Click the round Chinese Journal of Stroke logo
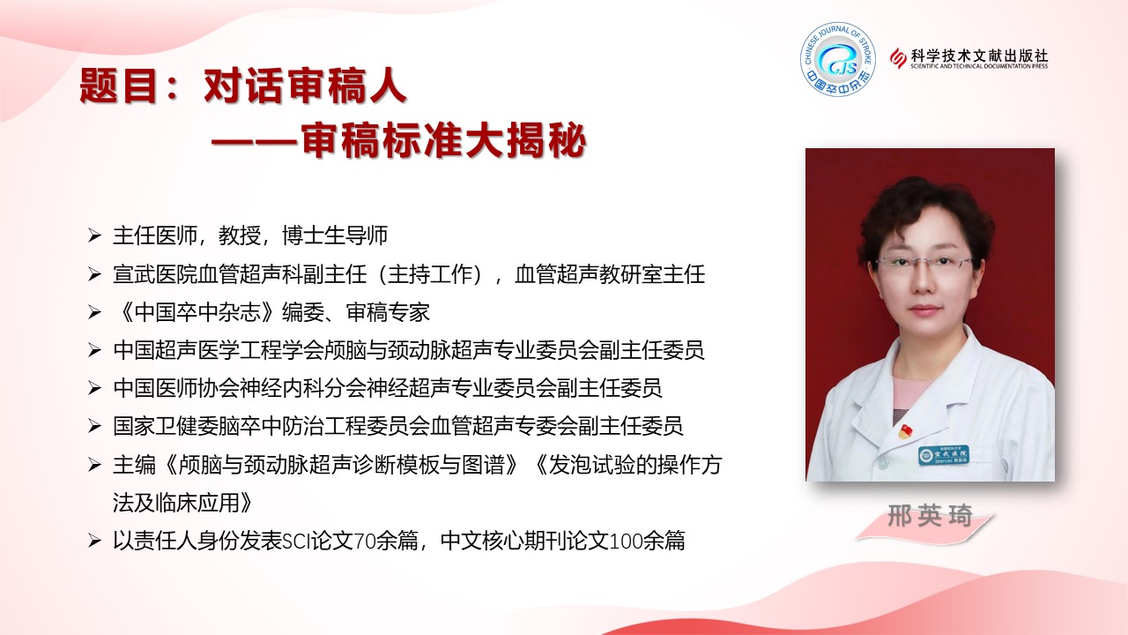coord(838,59)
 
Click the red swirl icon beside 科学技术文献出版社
coord(898,58)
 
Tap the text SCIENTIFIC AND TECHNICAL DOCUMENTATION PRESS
coord(979,66)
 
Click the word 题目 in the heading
coord(118,86)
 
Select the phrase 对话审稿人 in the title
coord(305,86)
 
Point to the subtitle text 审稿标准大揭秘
coord(443,139)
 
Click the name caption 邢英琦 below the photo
coord(930,516)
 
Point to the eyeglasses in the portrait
coord(924,262)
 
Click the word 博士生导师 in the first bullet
coord(335,235)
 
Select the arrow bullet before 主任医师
coord(94,235)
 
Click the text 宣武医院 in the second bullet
coord(155,274)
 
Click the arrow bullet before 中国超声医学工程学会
coord(94,350)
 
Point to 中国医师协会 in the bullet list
coord(176,388)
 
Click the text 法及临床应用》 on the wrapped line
coord(182,503)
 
